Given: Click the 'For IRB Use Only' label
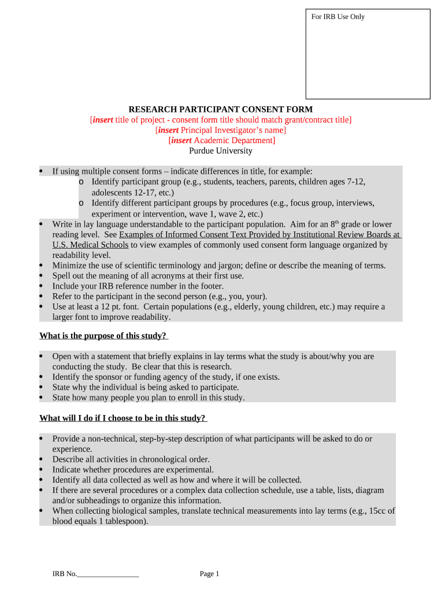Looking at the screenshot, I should tap(338, 17).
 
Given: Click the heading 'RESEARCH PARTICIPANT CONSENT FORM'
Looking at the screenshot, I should tap(220, 109).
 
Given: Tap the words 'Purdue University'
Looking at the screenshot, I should tap(221, 151).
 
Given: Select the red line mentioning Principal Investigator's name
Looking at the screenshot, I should tap(220, 130).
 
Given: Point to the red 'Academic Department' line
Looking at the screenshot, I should tap(221, 140).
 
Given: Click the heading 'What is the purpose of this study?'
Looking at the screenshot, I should tap(103, 335).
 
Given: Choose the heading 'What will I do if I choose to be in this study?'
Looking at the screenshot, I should tap(123, 418).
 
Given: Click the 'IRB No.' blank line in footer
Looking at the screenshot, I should tap(108, 574).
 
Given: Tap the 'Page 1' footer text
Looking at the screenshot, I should tap(210, 574).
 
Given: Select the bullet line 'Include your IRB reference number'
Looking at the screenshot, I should tap(138, 286).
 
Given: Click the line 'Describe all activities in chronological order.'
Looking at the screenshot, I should tap(131, 459).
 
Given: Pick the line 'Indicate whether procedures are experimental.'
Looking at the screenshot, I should tap(133, 469).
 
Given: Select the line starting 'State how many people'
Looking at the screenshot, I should tap(149, 397).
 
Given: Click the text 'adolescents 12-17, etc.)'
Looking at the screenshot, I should tap(133, 193).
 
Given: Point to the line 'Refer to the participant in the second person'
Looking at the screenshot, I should tap(160, 296).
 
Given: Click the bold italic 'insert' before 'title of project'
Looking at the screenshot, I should tap(103, 119).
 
